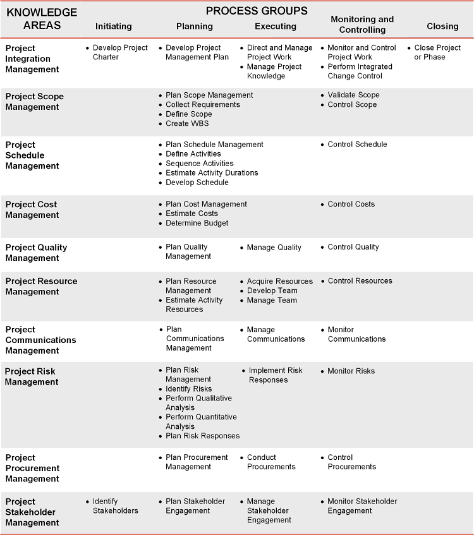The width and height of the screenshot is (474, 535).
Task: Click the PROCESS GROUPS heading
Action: [x=257, y=11]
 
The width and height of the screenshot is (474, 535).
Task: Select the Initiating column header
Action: [x=114, y=26]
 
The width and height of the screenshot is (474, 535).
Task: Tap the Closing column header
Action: [x=442, y=26]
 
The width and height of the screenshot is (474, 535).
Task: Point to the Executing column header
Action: [x=276, y=26]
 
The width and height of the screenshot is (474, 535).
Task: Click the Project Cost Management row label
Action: [x=31, y=210]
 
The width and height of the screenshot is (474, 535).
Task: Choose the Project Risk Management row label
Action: [x=32, y=376]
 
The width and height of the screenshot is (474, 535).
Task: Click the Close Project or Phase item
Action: [x=437, y=52]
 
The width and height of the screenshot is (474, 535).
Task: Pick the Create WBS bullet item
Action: [x=187, y=123]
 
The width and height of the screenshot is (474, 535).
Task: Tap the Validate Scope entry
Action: [x=353, y=95]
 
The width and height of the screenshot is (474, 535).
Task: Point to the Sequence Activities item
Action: [x=200, y=163]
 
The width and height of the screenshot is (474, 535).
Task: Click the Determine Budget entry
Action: [x=197, y=223]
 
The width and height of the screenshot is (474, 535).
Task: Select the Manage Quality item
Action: [x=274, y=248]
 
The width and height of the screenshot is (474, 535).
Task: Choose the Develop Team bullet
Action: [x=272, y=291]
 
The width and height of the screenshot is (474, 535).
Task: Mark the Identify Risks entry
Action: [x=188, y=388]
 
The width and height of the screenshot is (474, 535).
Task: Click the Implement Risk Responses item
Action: [x=275, y=375]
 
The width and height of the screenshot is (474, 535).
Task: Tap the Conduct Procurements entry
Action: [x=271, y=462]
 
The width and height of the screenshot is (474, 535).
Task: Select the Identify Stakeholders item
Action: [x=116, y=505]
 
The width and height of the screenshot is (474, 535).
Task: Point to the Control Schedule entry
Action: [x=357, y=144]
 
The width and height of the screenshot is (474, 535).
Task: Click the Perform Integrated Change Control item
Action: [x=360, y=71]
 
